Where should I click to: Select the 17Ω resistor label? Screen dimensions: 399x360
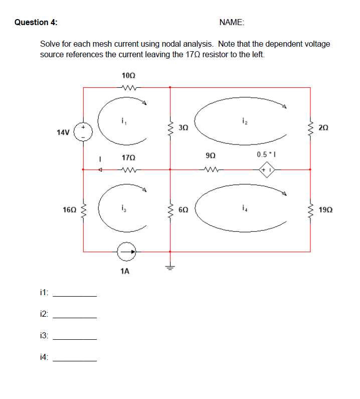click(x=128, y=158)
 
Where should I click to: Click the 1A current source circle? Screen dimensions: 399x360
click(x=126, y=252)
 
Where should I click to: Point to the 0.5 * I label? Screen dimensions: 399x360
click(x=265, y=155)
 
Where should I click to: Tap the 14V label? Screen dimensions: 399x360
click(x=63, y=132)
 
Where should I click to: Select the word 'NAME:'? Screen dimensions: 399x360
click(x=232, y=22)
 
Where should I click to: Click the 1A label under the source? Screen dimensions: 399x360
click(x=125, y=272)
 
